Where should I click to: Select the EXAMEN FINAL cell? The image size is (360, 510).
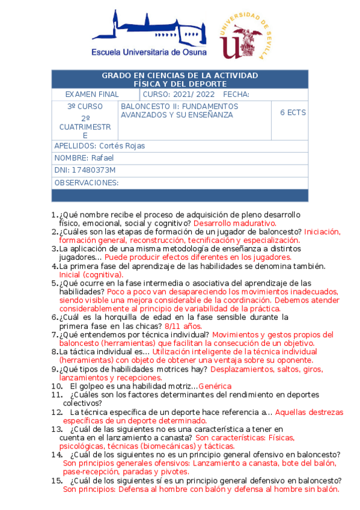point(91,94)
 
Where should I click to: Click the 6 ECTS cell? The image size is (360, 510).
point(293,112)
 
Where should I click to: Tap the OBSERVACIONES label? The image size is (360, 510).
point(86,183)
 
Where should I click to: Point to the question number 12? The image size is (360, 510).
point(57,412)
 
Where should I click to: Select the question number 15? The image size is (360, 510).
point(57,481)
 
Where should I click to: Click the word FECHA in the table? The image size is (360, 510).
point(236,94)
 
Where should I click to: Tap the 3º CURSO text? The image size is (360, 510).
point(85,106)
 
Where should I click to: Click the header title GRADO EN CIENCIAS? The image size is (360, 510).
point(180,75)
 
